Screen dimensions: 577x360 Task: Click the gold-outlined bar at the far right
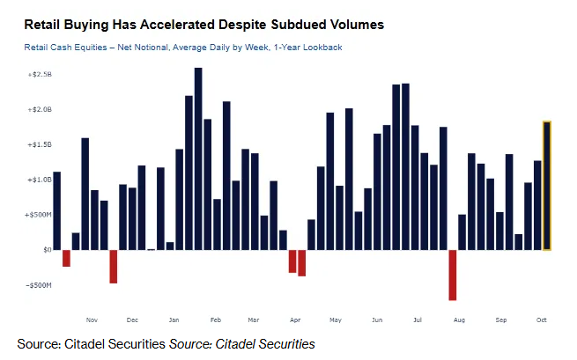(x=547, y=186)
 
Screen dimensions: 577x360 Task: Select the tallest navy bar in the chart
(x=198, y=158)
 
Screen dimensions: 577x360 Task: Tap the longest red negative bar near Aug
(x=452, y=275)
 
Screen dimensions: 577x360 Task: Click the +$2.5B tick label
(x=40, y=75)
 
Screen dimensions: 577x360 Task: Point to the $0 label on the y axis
(x=48, y=250)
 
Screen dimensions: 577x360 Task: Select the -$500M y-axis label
(x=39, y=285)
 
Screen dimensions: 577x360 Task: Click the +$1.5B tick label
(x=40, y=145)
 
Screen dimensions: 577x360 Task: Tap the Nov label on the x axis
(x=92, y=320)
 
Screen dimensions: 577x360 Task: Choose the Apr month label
(x=295, y=320)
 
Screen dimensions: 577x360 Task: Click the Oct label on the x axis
(x=541, y=320)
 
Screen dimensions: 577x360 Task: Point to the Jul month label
(x=418, y=320)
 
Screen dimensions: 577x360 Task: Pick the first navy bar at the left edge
(x=57, y=211)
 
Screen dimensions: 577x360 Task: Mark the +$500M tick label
(x=39, y=215)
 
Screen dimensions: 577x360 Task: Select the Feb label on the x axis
(x=216, y=320)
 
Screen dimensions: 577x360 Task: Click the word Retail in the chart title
(x=42, y=25)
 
